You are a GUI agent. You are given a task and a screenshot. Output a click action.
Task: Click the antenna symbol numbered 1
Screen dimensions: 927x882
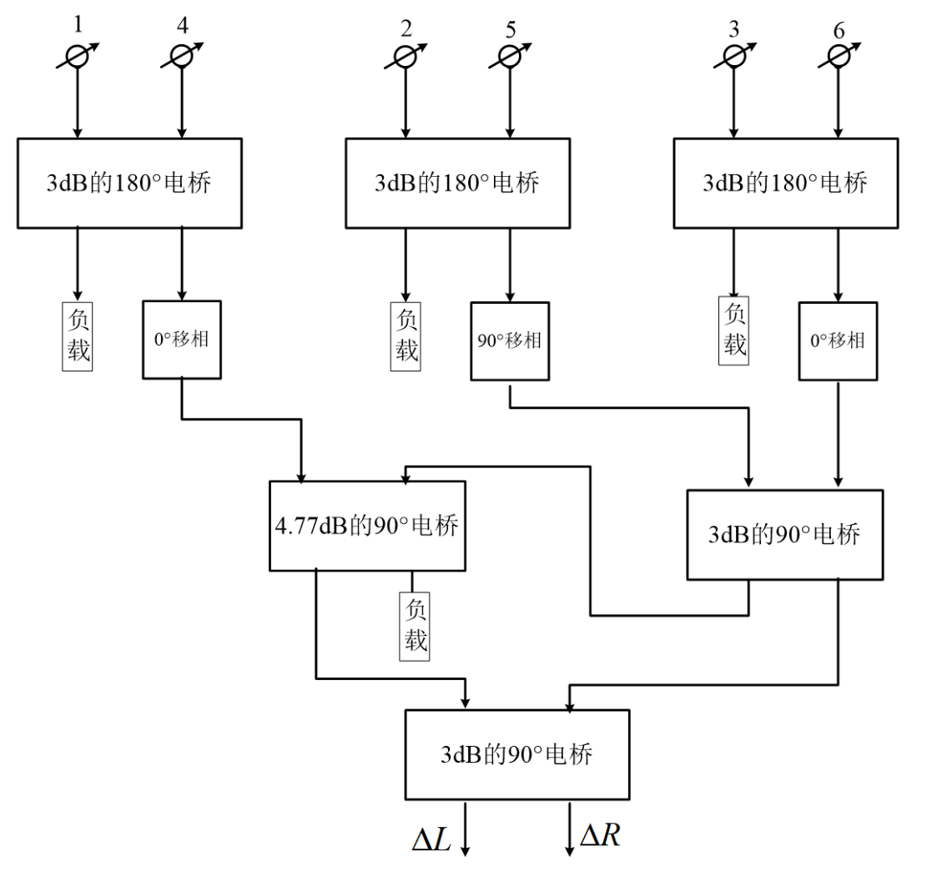(x=78, y=57)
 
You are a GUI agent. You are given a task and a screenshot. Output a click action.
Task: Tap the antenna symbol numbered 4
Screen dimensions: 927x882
(x=182, y=56)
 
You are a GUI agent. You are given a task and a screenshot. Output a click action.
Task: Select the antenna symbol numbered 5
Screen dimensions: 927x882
(x=510, y=57)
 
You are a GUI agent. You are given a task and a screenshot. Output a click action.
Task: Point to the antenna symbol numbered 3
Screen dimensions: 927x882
(x=733, y=57)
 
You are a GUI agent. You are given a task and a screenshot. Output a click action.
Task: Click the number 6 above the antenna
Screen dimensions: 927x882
(x=839, y=30)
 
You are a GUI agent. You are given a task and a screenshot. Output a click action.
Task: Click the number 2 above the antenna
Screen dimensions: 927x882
(x=406, y=28)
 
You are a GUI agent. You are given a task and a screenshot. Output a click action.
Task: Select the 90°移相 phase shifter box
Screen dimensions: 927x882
(x=510, y=341)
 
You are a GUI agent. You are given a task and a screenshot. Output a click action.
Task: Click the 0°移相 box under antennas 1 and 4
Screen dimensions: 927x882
(x=182, y=340)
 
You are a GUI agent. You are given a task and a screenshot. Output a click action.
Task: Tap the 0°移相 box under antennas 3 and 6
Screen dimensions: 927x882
(x=838, y=341)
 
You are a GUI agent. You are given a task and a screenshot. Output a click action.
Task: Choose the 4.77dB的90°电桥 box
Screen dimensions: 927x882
(x=367, y=526)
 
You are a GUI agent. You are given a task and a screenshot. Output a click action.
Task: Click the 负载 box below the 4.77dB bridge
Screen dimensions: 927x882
(x=415, y=626)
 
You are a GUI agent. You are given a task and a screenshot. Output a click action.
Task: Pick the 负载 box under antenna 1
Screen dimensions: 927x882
(x=78, y=336)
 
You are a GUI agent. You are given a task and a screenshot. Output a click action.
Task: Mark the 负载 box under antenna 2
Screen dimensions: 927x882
(x=406, y=336)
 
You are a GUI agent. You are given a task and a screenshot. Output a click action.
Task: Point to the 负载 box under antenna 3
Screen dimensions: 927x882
(x=733, y=330)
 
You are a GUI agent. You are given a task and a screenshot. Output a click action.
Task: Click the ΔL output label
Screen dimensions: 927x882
(x=431, y=839)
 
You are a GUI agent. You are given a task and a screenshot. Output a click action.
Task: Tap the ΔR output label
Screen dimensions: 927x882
(x=600, y=835)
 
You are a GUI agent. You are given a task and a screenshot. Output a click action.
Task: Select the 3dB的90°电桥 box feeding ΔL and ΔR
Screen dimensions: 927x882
(x=517, y=754)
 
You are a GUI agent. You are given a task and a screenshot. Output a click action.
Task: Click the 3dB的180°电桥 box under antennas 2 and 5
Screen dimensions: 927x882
(x=457, y=183)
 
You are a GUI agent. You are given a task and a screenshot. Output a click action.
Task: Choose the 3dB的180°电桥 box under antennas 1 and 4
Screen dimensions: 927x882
(x=129, y=183)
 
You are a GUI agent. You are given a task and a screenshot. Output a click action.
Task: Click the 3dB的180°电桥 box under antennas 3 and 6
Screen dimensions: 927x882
(x=786, y=183)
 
